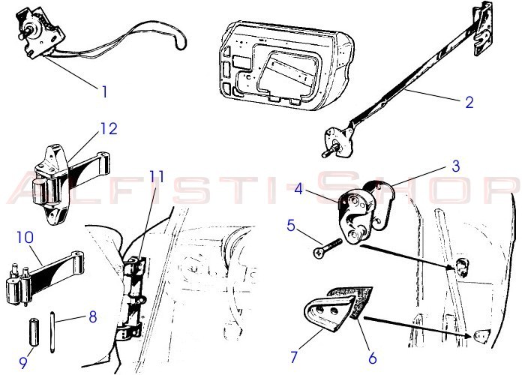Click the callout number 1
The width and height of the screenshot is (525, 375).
104,91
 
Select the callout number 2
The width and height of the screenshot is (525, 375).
469,102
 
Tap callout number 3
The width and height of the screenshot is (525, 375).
456,166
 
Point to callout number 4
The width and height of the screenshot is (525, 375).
298,190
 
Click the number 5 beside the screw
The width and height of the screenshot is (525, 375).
291,226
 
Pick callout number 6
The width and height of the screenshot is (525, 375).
372,358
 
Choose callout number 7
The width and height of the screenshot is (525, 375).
294,357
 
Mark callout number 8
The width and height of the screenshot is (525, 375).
93,316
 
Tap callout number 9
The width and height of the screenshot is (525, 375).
23,362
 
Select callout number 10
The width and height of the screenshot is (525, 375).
25,238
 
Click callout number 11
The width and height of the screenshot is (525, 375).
157,176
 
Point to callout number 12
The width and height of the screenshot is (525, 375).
109,128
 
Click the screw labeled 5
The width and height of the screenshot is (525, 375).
328,248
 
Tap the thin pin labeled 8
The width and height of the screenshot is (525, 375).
52,331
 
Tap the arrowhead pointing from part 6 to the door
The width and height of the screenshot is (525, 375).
469,336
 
